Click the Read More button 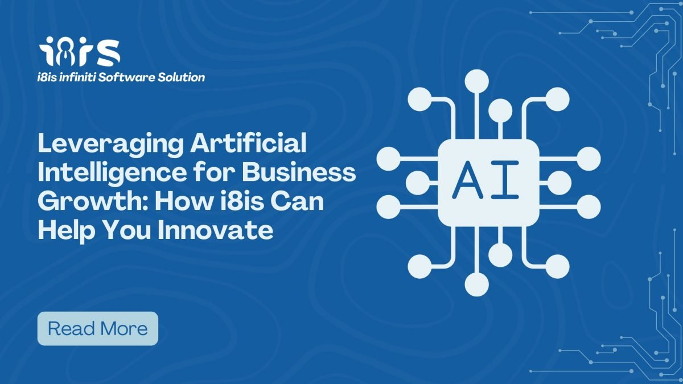click(97, 329)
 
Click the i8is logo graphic click(80, 52)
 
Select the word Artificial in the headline click(249, 143)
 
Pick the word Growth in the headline click(93, 201)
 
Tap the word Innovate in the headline click(215, 230)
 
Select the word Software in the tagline click(126, 77)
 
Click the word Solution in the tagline click(181, 77)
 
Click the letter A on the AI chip click(467, 180)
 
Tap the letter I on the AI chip click(505, 180)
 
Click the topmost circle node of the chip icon click(477, 81)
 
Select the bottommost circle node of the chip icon click(477, 284)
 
